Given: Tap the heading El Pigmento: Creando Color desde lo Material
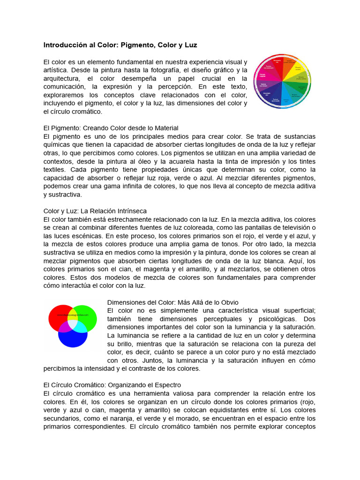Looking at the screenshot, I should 111,128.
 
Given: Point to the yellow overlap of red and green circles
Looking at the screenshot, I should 73,313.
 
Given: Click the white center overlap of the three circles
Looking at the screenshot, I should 73,323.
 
